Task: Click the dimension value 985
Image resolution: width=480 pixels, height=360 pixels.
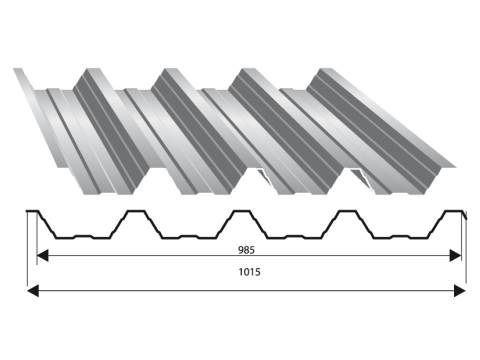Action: [x=246, y=250]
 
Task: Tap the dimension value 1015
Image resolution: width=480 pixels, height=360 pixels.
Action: [x=249, y=272]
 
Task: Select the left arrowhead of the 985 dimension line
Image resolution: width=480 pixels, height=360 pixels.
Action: [x=42, y=256]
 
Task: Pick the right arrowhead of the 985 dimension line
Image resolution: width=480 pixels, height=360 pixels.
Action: [x=455, y=256]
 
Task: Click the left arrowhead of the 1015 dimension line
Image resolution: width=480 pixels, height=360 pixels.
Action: [x=33, y=291]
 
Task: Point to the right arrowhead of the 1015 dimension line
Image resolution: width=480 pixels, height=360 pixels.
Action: [x=460, y=291]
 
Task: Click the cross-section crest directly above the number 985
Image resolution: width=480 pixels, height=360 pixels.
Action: [x=242, y=211]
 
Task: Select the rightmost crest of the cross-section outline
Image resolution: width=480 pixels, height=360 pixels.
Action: [x=454, y=211]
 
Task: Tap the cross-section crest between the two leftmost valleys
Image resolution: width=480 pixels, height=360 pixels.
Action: [x=136, y=211]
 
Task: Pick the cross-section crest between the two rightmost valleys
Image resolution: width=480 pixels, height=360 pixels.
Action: [x=348, y=211]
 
